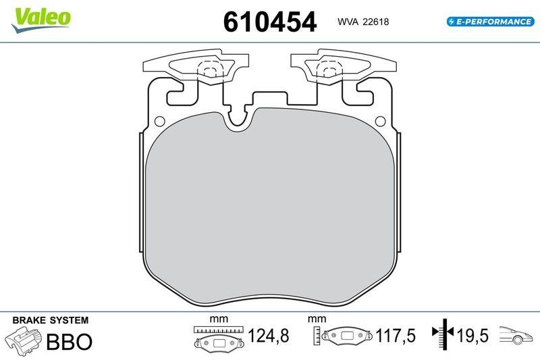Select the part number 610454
coord(269,22)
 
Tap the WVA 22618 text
coord(362,22)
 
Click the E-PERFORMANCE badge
coord(490,22)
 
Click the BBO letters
coord(69,342)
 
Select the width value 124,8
coord(267,335)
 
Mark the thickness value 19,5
coord(472,335)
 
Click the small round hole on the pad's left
coord(160,122)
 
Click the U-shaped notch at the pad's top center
coord(238,120)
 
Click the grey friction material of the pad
coord(270,203)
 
